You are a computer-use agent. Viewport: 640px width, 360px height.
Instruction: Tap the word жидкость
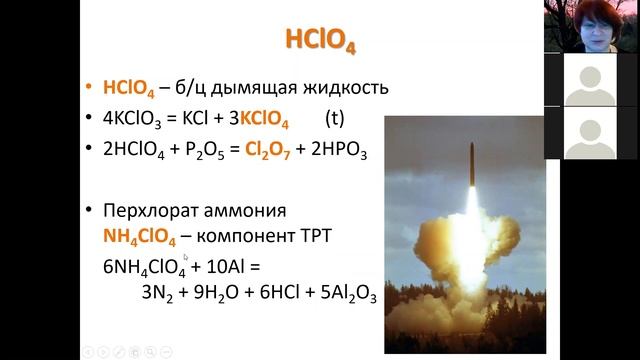pos(338,87)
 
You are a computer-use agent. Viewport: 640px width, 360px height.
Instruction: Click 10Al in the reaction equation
pos(216,268)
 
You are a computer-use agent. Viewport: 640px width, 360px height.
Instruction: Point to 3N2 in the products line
pos(159,296)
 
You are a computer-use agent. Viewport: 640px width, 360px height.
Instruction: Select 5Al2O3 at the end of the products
pos(344,296)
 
